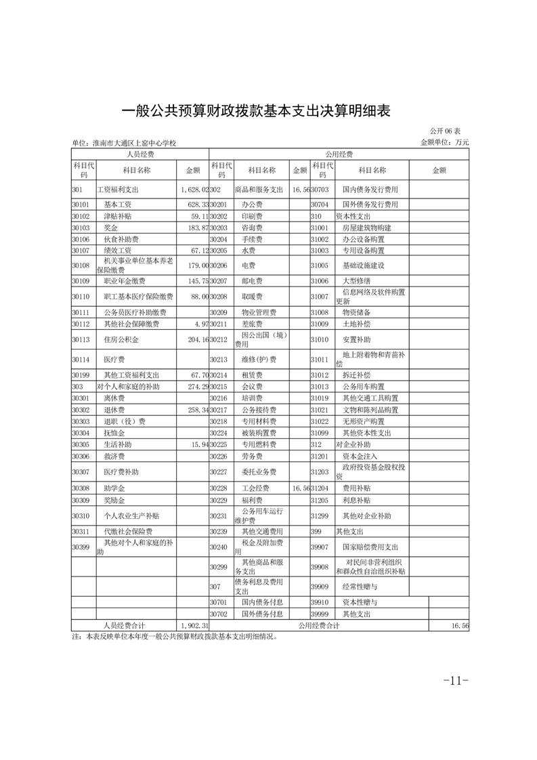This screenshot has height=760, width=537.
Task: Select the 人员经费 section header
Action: [x=140, y=154]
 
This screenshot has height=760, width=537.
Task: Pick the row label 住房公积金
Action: [x=121, y=339]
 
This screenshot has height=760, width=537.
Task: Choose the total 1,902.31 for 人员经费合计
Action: [x=194, y=626]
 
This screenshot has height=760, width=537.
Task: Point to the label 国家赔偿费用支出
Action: [x=370, y=547]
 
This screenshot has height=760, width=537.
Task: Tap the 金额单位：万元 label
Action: [x=444, y=142]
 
